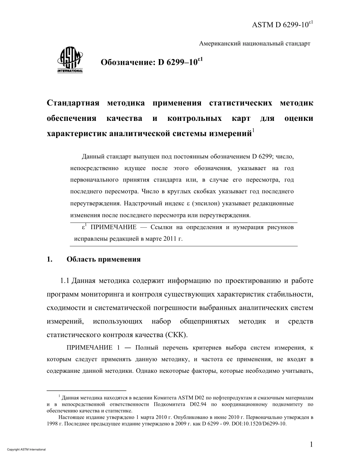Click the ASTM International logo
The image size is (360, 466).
70,61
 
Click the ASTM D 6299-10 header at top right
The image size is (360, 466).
282,25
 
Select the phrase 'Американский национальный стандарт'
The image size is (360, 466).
255,44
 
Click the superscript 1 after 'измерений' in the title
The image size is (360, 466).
254,131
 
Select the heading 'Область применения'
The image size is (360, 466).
103,260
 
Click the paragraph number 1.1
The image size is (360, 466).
65,281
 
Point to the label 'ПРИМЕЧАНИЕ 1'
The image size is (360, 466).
89,348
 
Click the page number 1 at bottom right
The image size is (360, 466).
311,444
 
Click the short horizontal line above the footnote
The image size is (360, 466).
86,390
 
